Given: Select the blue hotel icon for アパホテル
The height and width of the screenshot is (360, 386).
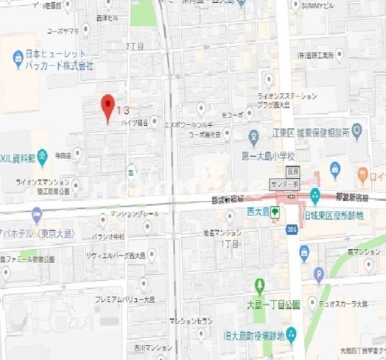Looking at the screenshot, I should coord(37,213).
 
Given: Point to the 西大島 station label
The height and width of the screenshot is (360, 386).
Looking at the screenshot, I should coord(256,212).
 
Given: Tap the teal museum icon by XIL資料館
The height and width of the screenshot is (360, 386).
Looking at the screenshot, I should coord(42,155).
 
